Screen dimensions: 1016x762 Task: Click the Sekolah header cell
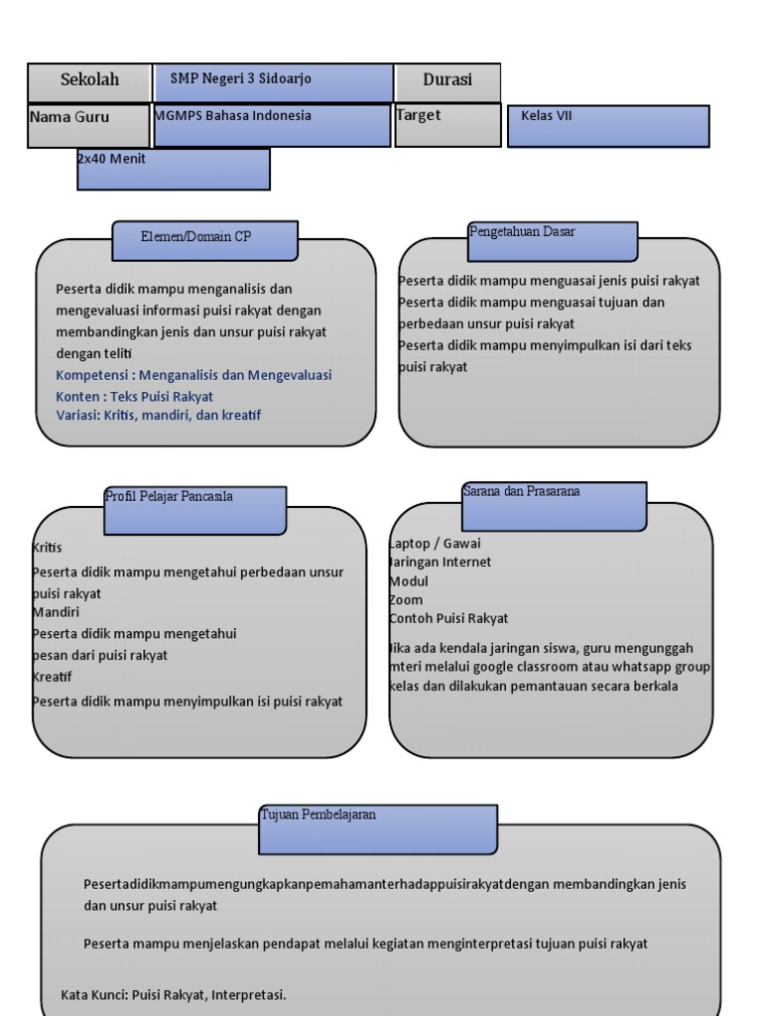tap(89, 81)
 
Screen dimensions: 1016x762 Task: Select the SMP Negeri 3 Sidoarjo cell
tap(273, 82)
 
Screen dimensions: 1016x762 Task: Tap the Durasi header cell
tap(447, 82)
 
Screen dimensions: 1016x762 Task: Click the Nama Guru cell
tap(88, 125)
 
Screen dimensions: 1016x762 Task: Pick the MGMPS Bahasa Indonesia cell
tap(272, 125)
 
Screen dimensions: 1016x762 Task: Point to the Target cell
tap(447, 125)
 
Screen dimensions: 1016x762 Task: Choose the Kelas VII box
tap(607, 126)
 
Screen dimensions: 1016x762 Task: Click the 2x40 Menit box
tap(174, 169)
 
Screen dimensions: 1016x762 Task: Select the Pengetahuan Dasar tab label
tap(552, 240)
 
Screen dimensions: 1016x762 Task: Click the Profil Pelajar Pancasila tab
tap(195, 510)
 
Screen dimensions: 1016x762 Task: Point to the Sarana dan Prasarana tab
tap(554, 506)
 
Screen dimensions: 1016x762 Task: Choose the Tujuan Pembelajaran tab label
tap(378, 828)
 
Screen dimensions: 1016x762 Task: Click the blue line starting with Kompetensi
tap(194, 375)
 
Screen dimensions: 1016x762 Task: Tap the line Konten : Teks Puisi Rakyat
tap(135, 396)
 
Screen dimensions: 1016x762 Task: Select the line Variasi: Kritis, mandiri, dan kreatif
tap(159, 416)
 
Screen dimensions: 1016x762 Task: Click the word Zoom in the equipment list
tap(406, 600)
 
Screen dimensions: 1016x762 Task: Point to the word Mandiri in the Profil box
tap(56, 612)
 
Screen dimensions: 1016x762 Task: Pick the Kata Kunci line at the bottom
tap(174, 994)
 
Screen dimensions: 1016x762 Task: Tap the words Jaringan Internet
tap(441, 563)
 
